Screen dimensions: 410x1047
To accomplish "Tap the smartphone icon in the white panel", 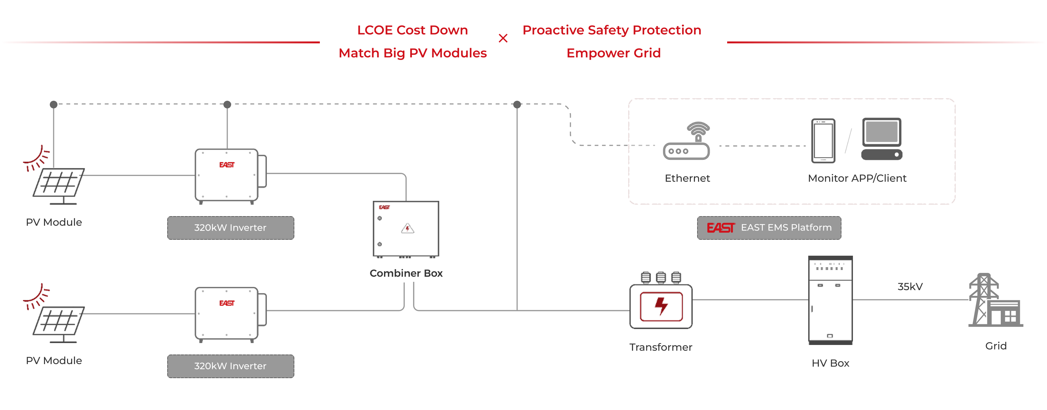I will pos(823,141).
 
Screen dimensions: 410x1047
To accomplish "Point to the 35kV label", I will pos(910,287).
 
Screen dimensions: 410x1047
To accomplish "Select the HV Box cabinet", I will pos(830,300).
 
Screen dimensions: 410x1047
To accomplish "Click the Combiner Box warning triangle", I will pos(407,229).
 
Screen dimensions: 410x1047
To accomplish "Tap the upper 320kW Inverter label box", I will pos(230,228).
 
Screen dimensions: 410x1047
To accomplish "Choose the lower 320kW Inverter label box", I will pos(230,366).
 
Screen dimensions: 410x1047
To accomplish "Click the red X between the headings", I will pos(503,39).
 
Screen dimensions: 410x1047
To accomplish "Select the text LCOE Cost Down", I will pos(412,30).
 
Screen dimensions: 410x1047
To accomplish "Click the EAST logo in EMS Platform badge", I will pos(721,228).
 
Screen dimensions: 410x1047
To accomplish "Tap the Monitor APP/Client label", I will pos(857,178).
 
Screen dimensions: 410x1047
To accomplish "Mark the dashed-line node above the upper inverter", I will pos(227,104).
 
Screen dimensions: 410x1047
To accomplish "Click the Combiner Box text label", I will pos(406,273).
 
